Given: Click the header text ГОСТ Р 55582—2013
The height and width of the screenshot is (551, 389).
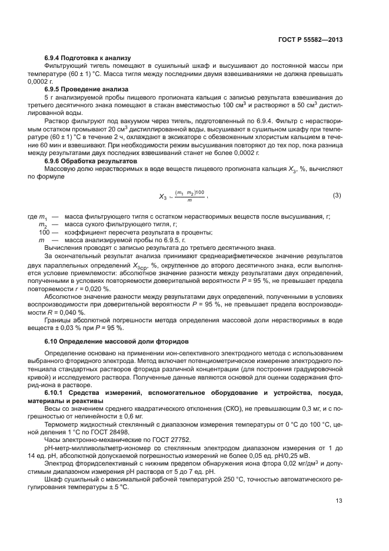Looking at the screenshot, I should pyautogui.click(x=310, y=39).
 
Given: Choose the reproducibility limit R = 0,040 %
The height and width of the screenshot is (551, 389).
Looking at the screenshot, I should pyautogui.click(x=65, y=312).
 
